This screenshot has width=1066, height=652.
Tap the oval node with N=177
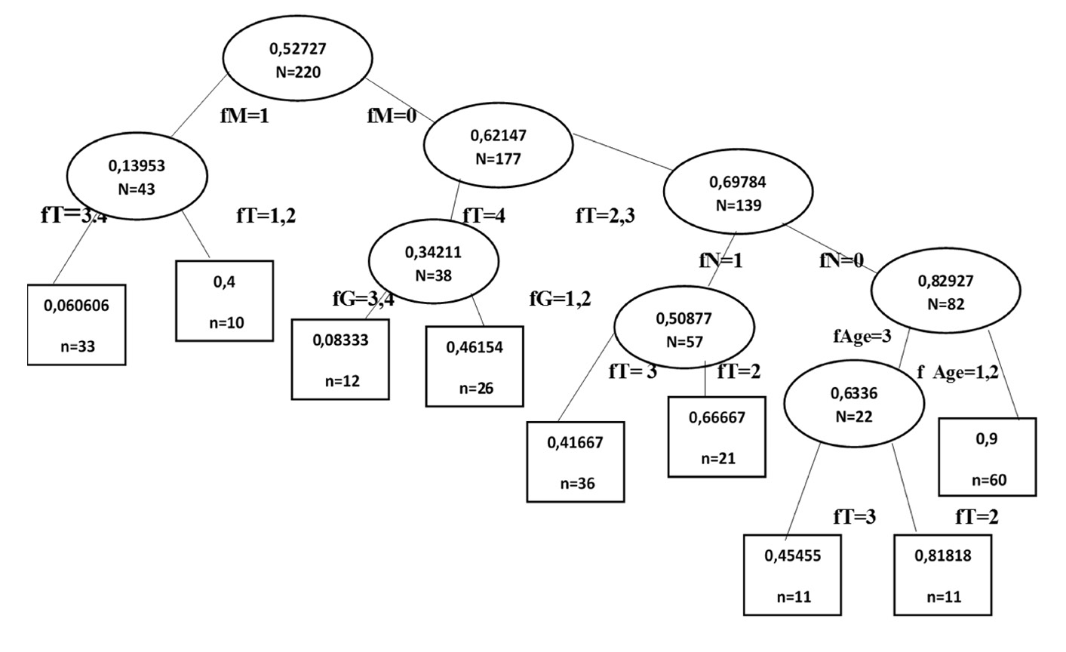click(x=497, y=147)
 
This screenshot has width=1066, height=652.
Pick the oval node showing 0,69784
click(x=737, y=193)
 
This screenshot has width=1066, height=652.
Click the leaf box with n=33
click(x=76, y=324)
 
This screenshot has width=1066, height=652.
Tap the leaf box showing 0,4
click(x=224, y=301)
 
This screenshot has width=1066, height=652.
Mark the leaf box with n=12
click(x=342, y=359)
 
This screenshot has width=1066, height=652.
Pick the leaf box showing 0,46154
click(x=475, y=366)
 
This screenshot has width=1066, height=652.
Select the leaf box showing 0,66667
click(x=717, y=437)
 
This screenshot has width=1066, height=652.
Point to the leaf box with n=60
click(x=988, y=457)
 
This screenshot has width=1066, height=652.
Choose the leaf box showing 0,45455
click(x=793, y=574)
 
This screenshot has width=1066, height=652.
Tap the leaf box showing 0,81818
click(x=942, y=574)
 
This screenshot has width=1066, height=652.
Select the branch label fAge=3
click(x=862, y=336)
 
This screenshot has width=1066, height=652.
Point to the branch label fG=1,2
click(x=560, y=299)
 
